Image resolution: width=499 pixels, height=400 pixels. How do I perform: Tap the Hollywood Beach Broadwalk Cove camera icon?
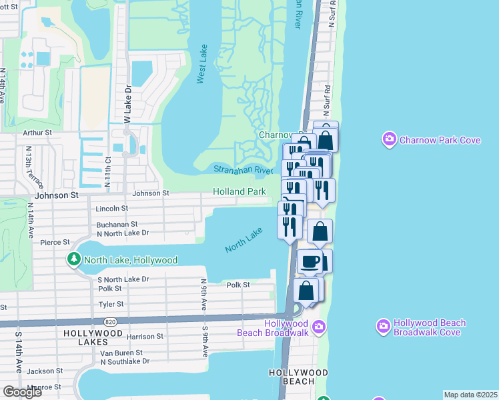click(x=384, y=327)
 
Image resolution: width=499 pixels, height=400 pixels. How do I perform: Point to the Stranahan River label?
click(x=243, y=171)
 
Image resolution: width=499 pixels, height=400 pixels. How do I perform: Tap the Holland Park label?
click(x=239, y=191)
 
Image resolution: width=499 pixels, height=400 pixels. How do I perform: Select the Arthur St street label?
click(x=37, y=133)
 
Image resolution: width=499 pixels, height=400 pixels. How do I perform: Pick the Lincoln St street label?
click(x=111, y=209)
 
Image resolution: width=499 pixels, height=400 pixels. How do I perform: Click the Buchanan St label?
click(x=117, y=225)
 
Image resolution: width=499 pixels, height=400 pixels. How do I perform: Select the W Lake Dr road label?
click(x=126, y=103)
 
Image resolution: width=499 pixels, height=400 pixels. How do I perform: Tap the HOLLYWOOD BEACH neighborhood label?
click(x=298, y=377)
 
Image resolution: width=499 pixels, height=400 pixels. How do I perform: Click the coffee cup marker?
click(x=309, y=262)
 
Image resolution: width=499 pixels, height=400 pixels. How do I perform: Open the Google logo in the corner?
click(x=22, y=391)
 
